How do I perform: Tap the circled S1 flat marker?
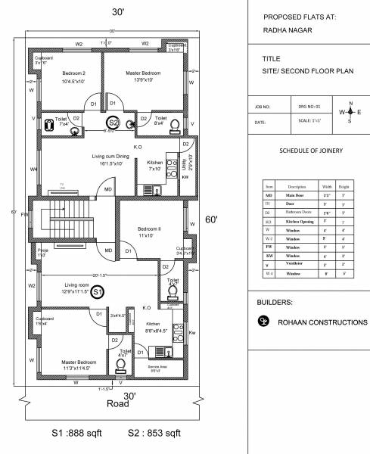[x=98, y=291]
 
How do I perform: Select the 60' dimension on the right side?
[x=212, y=220]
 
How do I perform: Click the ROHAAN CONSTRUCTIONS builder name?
[x=322, y=321]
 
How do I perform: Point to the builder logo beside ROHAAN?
[x=263, y=321]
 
